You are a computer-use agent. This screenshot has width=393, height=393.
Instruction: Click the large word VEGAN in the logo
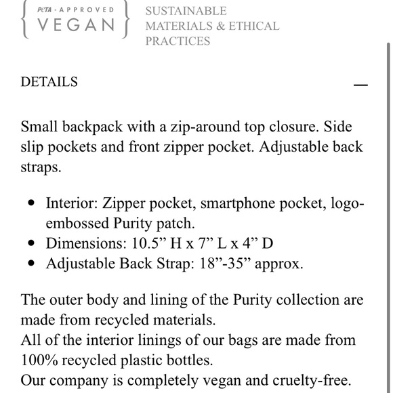point(75,25)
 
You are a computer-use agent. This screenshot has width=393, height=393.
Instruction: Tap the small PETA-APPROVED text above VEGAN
point(75,10)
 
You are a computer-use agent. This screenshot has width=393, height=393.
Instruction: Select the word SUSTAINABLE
point(186,12)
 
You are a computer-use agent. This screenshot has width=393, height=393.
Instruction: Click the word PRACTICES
point(178,41)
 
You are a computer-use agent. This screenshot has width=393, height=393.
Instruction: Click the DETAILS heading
point(49,82)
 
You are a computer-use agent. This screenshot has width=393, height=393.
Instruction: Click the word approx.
point(280,264)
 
